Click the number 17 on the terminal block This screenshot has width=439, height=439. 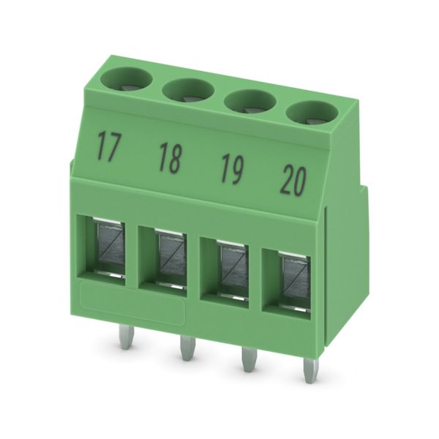tap(108, 147)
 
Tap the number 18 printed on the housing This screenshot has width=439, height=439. tap(170, 158)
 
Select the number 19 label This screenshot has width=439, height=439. tap(232, 169)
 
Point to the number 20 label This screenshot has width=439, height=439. tap(293, 181)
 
